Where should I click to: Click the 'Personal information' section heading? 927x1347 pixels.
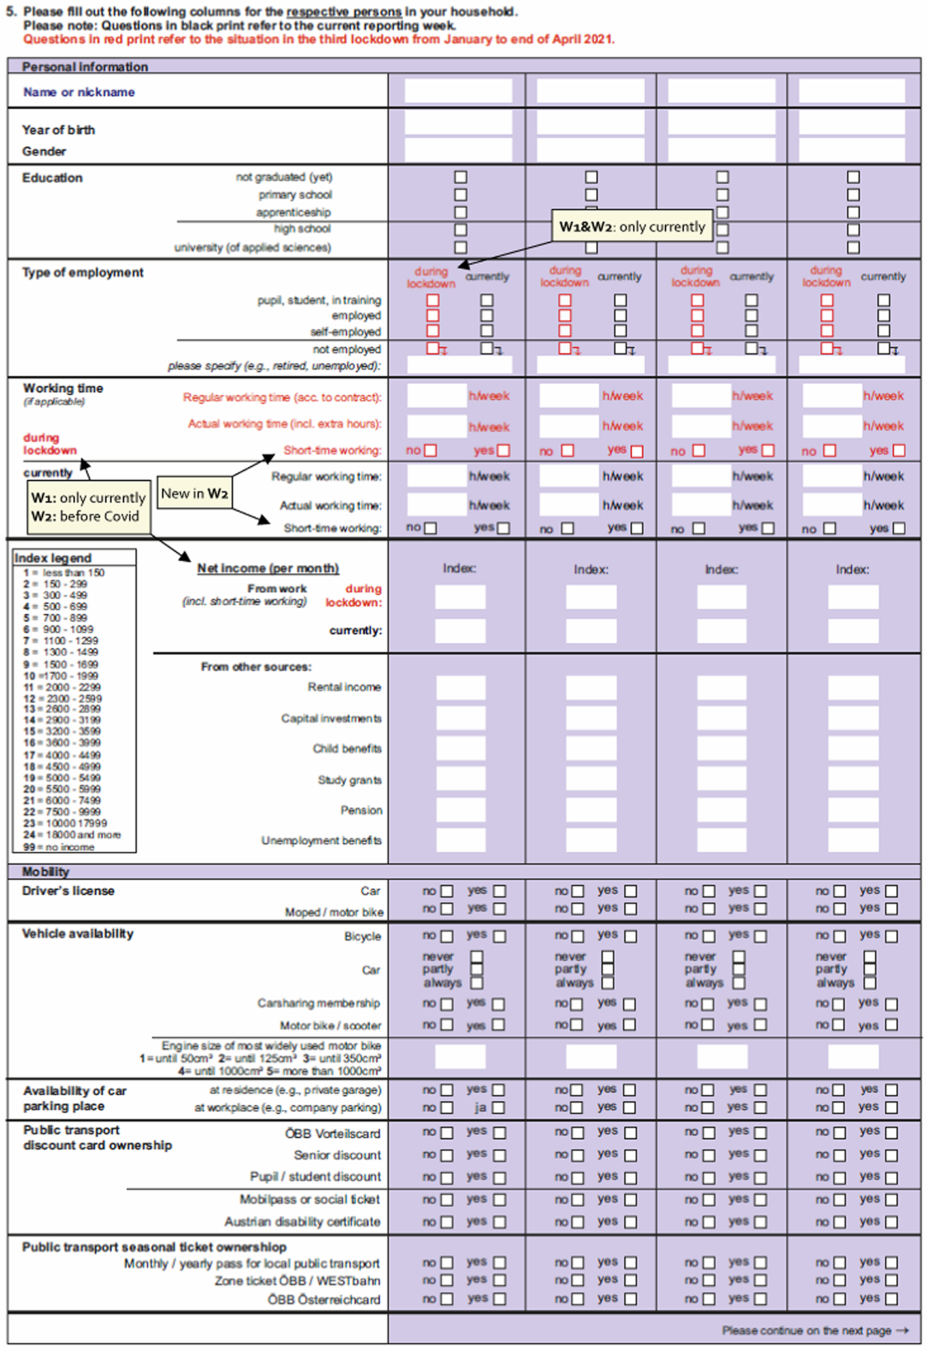tap(85, 67)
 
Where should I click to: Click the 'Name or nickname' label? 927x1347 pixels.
tap(79, 92)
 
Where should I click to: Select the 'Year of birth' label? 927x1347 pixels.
tap(58, 130)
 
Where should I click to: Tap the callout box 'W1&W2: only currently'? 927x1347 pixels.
tap(632, 227)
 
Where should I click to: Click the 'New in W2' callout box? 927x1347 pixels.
tap(195, 493)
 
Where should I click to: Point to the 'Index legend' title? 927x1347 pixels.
tap(53, 558)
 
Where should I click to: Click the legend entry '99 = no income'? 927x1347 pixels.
tap(59, 847)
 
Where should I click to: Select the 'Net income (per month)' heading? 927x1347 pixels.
tap(268, 568)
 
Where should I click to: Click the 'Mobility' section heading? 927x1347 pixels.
tap(45, 872)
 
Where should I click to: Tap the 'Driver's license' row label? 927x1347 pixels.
tap(68, 891)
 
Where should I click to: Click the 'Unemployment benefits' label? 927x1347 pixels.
tap(321, 840)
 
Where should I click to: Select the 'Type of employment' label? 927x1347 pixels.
tap(83, 273)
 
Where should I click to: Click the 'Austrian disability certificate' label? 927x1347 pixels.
tap(302, 1222)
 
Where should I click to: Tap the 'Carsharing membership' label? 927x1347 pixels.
tap(318, 1003)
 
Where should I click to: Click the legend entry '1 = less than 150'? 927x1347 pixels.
tap(64, 573)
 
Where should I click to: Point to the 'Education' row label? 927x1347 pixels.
tap(52, 178)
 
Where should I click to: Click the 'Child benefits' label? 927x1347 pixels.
tap(346, 748)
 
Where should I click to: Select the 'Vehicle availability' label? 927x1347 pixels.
tap(78, 934)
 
